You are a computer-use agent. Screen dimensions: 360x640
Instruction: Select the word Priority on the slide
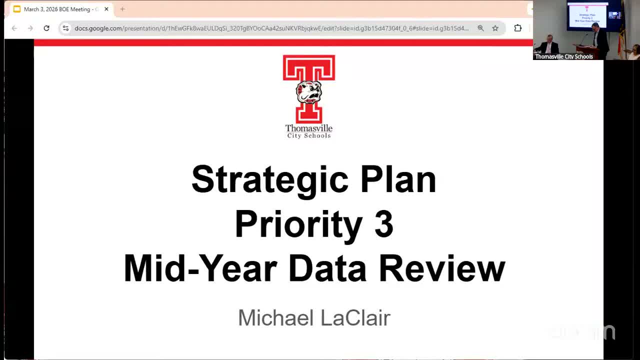click(299, 224)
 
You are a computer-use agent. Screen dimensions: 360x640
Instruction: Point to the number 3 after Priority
click(383, 224)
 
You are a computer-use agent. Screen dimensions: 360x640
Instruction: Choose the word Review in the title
click(442, 269)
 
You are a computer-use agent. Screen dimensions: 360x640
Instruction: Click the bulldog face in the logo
click(308, 91)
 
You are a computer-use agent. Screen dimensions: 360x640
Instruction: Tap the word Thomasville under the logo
click(308, 128)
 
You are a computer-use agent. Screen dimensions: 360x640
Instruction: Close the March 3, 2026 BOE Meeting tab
click(106, 9)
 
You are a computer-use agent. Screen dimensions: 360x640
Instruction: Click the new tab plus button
click(122, 9)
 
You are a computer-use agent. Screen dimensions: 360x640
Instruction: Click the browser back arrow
click(14, 28)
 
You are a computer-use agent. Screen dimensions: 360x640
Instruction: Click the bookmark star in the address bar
click(495, 28)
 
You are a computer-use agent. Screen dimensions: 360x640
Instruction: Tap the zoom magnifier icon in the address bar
click(480, 28)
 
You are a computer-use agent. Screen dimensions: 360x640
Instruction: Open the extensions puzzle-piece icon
click(518, 28)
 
